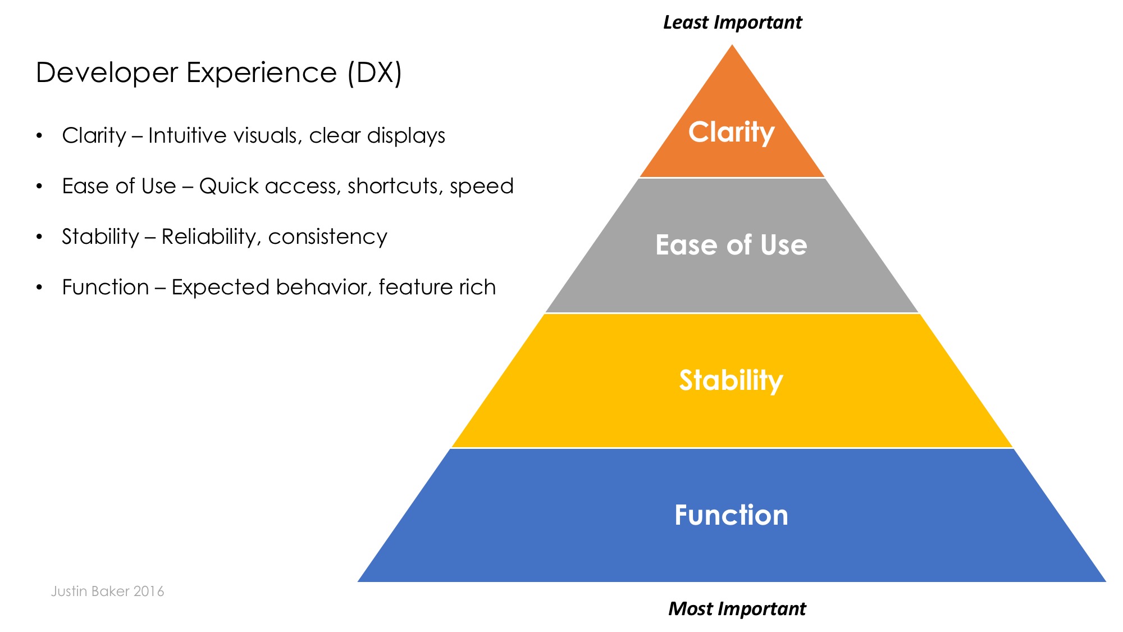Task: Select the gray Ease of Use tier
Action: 731,245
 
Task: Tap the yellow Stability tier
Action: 731,380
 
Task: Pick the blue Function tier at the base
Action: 731,515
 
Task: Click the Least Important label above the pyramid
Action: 732,22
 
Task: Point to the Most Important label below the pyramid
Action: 737,608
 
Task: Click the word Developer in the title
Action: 107,73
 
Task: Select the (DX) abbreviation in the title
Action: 375,73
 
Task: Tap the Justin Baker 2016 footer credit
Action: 107,591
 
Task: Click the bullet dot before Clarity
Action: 39,136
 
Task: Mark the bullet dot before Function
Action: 39,288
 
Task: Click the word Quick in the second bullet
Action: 227,187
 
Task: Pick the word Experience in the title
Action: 261,73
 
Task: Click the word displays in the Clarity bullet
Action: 406,136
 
